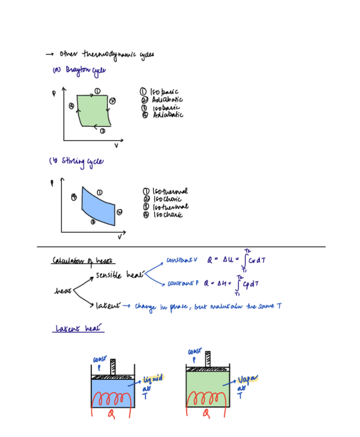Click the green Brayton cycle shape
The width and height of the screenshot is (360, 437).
click(93, 110)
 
